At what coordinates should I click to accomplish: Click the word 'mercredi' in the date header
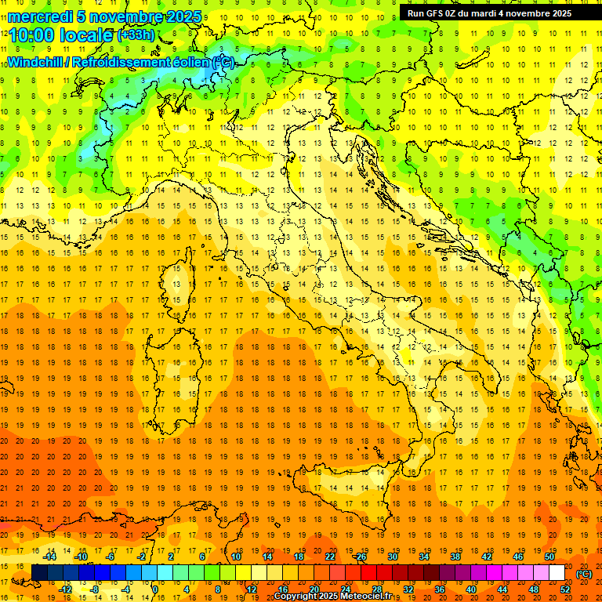point(40,16)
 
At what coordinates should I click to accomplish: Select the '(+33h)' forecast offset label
point(136,34)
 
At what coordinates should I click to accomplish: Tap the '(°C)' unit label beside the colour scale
point(584,574)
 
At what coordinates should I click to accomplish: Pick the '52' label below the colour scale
point(565,589)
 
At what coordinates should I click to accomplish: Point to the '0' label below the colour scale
point(155,589)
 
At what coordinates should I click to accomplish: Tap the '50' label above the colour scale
point(549,557)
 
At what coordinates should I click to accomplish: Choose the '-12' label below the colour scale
point(65,589)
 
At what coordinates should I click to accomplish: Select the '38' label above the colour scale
point(455,557)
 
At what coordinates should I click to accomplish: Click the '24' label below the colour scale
point(345,589)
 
